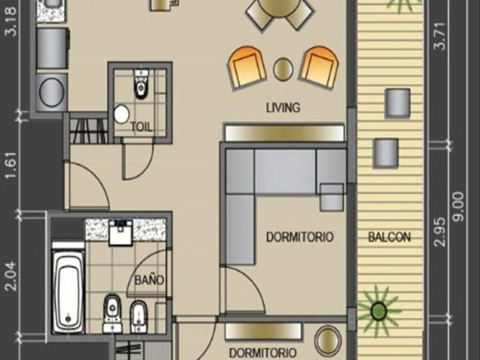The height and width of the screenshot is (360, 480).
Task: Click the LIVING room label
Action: click(x=283, y=108)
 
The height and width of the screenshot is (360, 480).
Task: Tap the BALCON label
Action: click(x=390, y=238)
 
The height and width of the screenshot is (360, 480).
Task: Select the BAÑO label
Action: click(x=150, y=279)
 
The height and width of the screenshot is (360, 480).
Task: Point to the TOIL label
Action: click(x=141, y=127)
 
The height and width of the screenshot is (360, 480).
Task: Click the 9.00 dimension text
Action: click(x=460, y=206)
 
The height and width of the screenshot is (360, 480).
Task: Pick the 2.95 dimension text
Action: click(x=440, y=232)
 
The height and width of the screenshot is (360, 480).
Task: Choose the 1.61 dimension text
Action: click(x=12, y=164)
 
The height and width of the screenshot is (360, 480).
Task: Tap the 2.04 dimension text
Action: click(x=12, y=276)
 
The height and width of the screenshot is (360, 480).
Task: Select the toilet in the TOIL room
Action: click(x=141, y=85)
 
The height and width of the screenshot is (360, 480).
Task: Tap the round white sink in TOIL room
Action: click(x=122, y=114)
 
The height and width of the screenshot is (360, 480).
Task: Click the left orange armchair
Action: click(x=247, y=67)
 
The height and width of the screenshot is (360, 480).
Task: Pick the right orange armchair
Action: click(x=320, y=67)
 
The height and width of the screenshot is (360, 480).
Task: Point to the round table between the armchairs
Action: click(x=284, y=69)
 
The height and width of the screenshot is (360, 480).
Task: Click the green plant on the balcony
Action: click(x=378, y=311)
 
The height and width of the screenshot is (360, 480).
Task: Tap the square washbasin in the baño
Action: click(x=121, y=233)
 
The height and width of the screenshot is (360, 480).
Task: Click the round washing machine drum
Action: click(x=52, y=92)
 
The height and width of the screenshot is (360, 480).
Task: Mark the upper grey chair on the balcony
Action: click(x=398, y=103)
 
